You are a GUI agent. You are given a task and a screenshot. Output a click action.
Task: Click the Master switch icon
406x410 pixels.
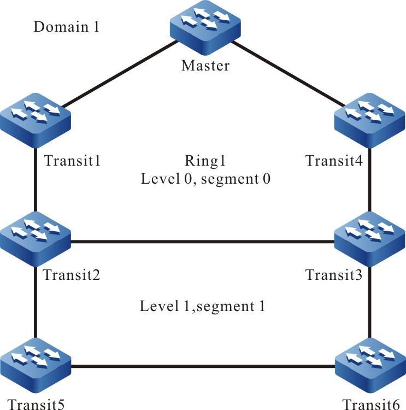point(205,28)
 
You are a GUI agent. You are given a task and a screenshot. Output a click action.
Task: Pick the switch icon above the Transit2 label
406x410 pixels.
point(36,239)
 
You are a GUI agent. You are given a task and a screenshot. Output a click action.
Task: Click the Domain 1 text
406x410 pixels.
point(66,27)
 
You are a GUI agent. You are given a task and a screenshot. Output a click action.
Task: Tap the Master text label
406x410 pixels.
point(205,67)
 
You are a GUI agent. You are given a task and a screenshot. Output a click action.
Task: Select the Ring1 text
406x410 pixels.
point(205,161)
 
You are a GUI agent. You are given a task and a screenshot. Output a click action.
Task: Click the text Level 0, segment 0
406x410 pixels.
point(205,179)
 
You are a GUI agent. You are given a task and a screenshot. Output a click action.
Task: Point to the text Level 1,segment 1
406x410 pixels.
point(202,306)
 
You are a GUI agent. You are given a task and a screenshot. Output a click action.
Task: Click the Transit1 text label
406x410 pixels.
point(73,161)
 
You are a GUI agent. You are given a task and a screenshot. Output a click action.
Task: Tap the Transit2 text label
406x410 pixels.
point(73,274)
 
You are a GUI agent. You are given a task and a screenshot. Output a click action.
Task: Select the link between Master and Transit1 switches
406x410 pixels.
point(120,73)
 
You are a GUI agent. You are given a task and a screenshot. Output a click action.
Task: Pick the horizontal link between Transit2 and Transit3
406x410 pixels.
point(202,242)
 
